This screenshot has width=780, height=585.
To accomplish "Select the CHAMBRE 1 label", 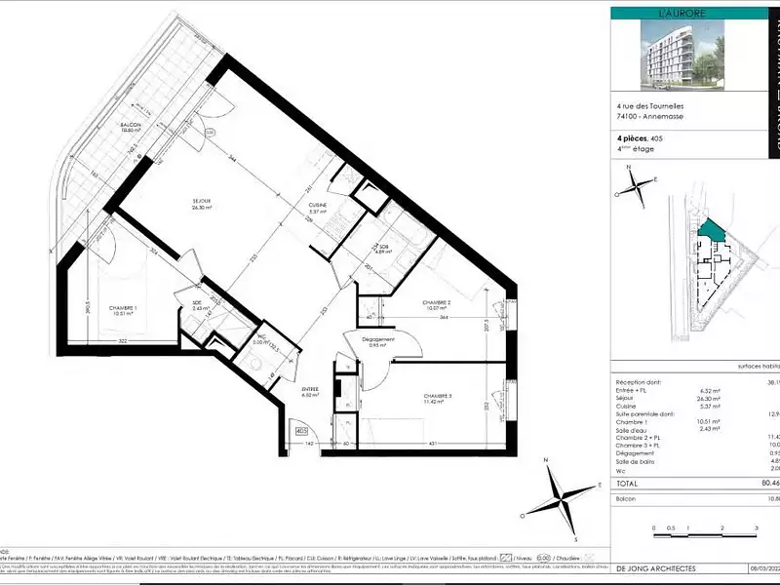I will [121, 307].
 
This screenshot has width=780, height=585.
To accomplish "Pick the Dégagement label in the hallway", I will [378, 339].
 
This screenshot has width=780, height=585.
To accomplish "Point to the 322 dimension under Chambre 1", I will [123, 341].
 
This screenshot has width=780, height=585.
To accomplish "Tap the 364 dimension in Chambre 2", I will [444, 316].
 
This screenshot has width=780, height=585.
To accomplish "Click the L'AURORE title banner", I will [670, 14].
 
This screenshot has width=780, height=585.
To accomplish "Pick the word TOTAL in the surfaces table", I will [628, 482].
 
